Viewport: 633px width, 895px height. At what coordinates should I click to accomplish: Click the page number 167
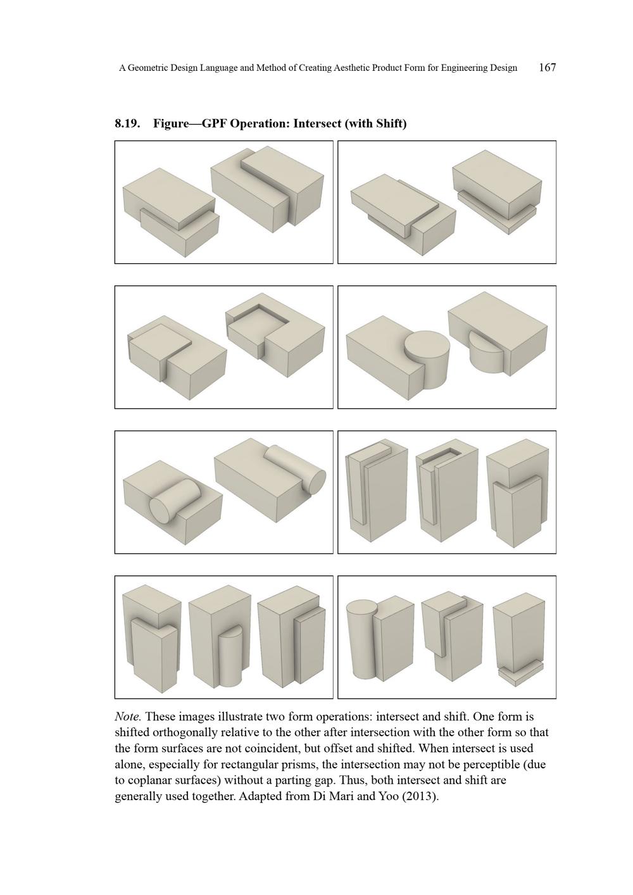point(547,68)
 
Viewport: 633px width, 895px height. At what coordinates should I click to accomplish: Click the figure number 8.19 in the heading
point(127,123)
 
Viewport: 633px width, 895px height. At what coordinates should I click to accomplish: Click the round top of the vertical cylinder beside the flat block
point(427,345)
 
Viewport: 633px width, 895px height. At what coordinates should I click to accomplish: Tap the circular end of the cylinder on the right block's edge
point(316,479)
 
